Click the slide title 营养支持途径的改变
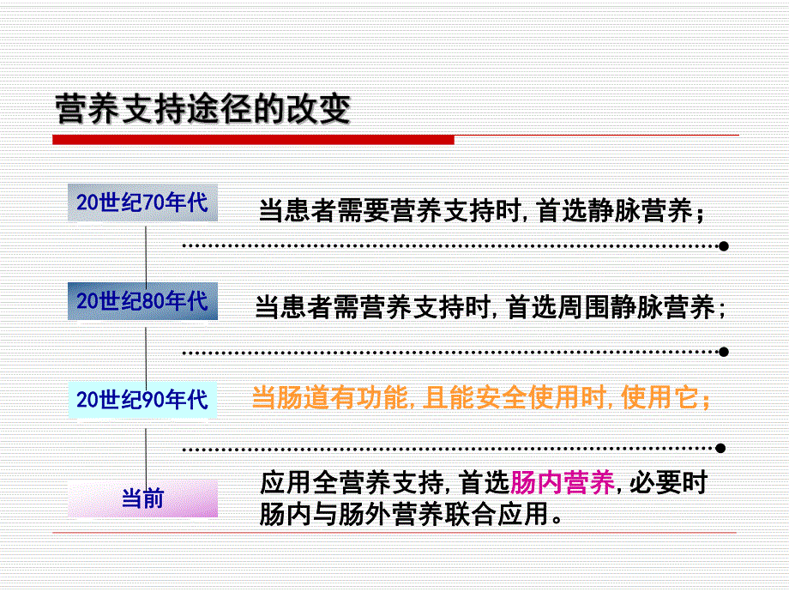point(202,109)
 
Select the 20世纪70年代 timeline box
point(142,202)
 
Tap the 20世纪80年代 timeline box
point(142,301)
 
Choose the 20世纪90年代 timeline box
point(142,399)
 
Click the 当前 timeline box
point(142,498)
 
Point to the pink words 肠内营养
point(563,484)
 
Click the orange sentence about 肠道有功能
point(480,399)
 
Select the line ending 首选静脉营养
point(482,212)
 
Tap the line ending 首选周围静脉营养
point(490,308)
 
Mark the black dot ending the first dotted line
point(723,246)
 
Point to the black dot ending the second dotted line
point(723,352)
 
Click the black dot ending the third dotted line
point(723,448)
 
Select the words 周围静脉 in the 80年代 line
point(603,308)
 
